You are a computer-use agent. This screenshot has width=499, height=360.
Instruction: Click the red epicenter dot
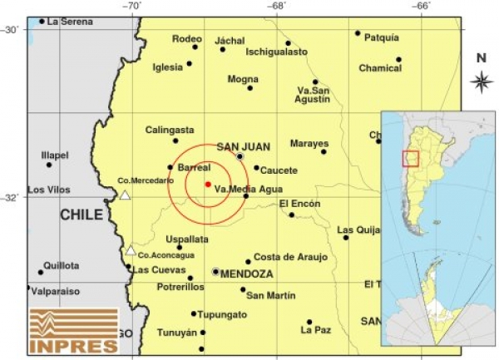click(207, 184)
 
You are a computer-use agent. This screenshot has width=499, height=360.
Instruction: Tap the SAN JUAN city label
click(243, 147)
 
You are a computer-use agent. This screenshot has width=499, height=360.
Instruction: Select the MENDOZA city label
click(247, 273)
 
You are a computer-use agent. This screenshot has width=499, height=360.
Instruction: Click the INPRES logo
click(73, 330)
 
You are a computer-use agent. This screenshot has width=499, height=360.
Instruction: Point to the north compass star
click(481, 81)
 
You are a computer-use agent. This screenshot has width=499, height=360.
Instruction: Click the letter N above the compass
click(481, 58)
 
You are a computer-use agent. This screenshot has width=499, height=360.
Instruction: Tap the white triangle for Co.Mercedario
click(125, 195)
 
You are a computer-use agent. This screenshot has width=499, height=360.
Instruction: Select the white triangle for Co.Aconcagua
click(131, 250)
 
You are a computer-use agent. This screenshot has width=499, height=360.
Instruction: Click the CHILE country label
click(82, 215)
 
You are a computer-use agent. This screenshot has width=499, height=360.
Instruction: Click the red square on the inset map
click(410, 158)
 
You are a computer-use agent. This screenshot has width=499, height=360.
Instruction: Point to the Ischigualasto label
click(276, 52)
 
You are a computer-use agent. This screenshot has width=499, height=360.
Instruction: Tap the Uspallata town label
click(187, 239)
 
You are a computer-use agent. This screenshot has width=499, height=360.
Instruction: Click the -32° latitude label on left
click(11, 198)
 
